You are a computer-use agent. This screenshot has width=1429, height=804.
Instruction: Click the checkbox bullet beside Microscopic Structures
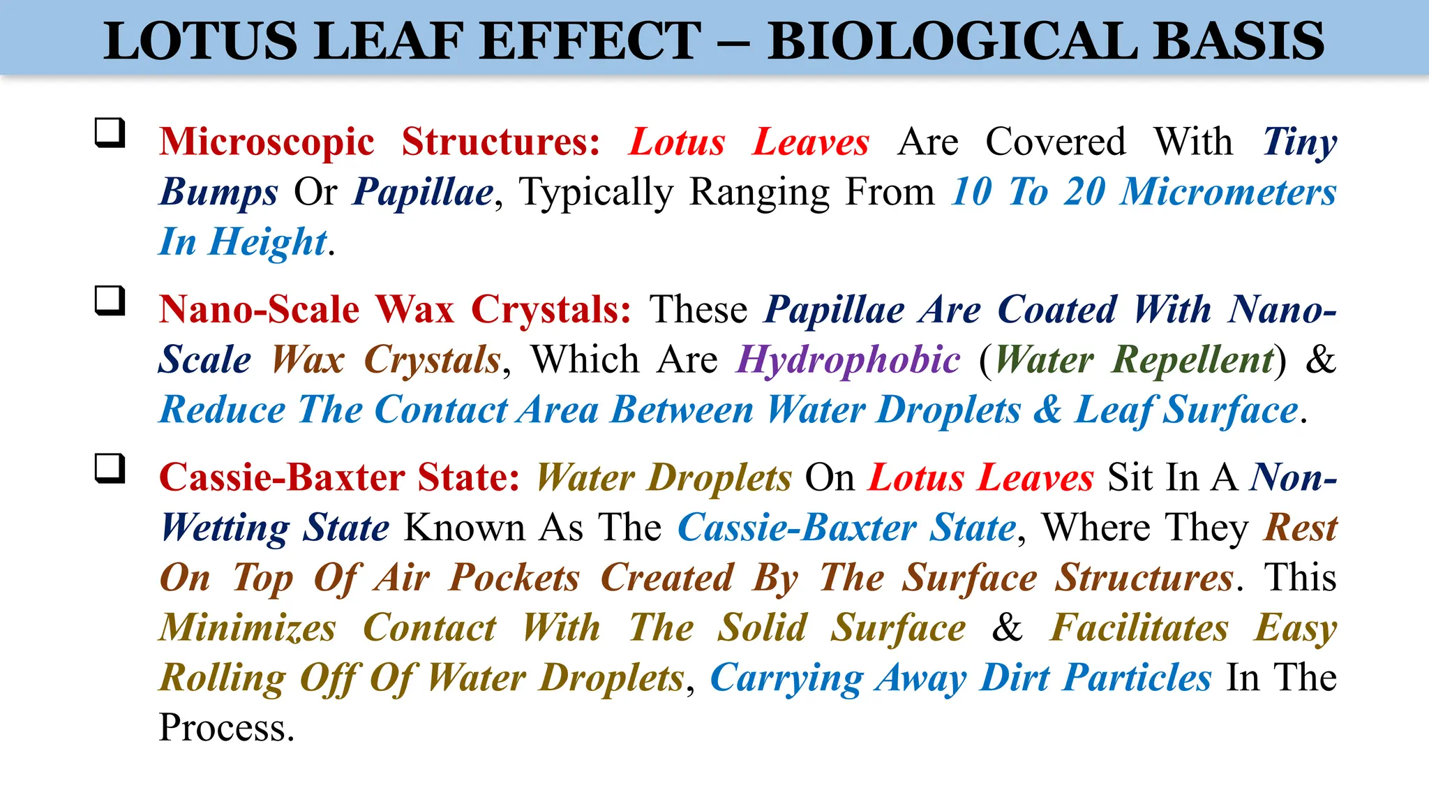tap(110, 133)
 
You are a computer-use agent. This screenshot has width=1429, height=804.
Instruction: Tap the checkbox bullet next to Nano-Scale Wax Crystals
tap(110, 301)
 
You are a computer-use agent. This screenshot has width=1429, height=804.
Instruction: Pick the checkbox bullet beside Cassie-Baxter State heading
tap(110, 468)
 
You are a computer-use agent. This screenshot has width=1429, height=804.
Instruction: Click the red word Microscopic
tap(267, 142)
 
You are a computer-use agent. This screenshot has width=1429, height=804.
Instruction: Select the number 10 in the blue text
tap(972, 192)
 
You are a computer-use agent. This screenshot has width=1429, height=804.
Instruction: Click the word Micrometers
tap(1228, 192)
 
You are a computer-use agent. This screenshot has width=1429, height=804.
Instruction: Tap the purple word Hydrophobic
tap(848, 361)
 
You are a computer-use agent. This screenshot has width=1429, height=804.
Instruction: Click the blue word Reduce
tap(223, 410)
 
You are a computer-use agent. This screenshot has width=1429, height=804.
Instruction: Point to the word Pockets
tap(514, 578)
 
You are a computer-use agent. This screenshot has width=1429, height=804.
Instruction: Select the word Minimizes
tap(248, 627)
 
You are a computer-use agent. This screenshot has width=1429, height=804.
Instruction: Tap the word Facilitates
tap(1139, 627)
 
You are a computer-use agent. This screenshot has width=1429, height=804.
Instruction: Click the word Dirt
tap(1015, 678)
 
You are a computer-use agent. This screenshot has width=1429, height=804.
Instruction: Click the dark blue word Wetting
tap(225, 528)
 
